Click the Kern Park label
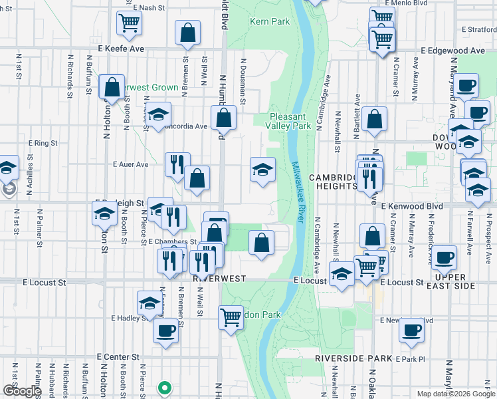click(x=270, y=22)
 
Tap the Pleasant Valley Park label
click(x=289, y=120)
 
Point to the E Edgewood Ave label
click(x=453, y=51)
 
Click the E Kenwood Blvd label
click(x=412, y=207)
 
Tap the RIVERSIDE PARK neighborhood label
click(x=353, y=358)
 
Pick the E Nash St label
click(x=148, y=7)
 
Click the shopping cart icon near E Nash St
click(x=129, y=23)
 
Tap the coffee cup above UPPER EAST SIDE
click(x=444, y=258)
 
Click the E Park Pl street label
click(x=409, y=359)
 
